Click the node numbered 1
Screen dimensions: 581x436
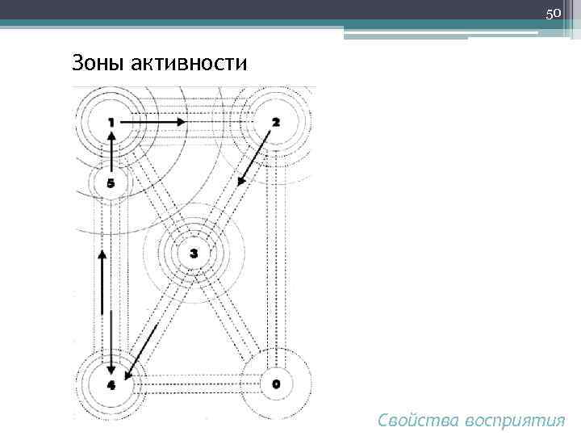[111, 122]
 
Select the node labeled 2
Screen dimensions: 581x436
[276, 122]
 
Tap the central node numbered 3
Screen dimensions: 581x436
[193, 254]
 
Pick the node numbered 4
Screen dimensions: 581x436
[111, 384]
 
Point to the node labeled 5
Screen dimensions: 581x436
[111, 183]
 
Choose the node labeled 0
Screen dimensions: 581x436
[276, 384]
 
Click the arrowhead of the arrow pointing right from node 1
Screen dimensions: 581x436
[183, 122]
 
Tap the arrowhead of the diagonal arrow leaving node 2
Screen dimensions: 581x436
[240, 183]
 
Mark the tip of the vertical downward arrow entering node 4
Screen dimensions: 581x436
[102, 367]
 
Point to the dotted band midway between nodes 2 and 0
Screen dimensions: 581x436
[276, 253]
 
